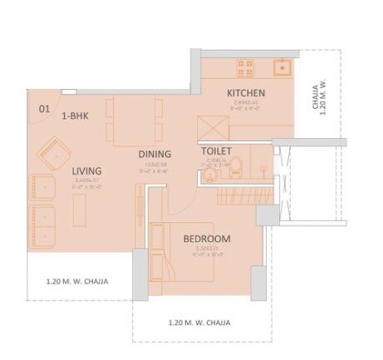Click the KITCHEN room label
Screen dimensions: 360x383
[246, 93]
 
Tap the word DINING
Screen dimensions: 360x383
[155, 154]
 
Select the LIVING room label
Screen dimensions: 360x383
[87, 171]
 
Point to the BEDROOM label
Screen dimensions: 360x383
[207, 239]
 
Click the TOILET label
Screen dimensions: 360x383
[217, 151]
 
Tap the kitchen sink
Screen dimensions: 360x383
[282, 67]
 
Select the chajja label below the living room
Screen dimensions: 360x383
[76, 281]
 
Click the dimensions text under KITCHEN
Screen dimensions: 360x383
[245, 106]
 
